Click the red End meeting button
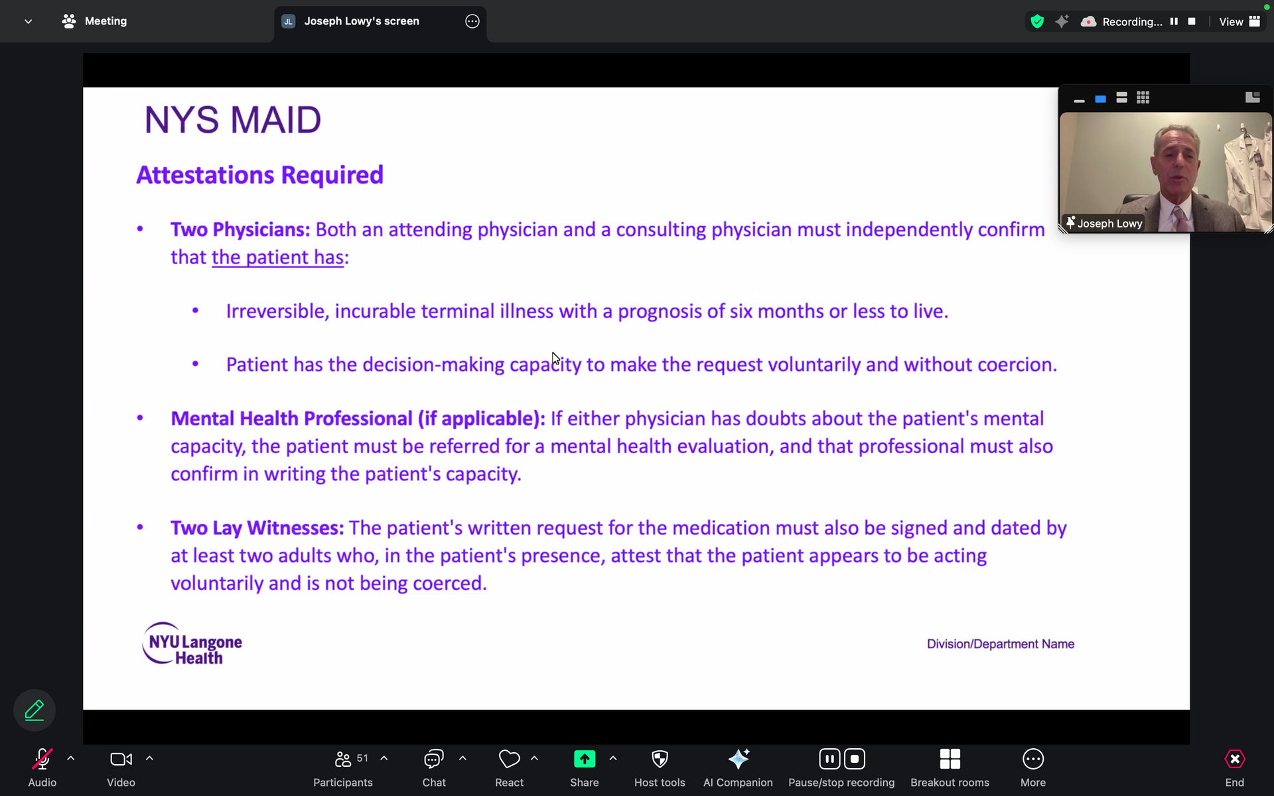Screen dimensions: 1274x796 click(x=1234, y=759)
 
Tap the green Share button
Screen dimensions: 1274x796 click(x=585, y=759)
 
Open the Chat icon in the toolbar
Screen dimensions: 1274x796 click(x=434, y=759)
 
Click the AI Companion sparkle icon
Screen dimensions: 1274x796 click(x=739, y=758)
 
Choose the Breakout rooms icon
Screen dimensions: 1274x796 click(x=950, y=759)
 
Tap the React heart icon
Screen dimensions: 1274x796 click(x=509, y=759)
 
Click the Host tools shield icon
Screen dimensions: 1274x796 click(x=660, y=759)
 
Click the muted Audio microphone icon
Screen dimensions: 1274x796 click(x=42, y=759)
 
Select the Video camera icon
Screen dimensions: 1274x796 click(x=121, y=759)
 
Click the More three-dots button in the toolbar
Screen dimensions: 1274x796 click(x=1033, y=759)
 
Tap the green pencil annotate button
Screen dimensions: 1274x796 click(x=35, y=710)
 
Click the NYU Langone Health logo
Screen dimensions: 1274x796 click(x=192, y=643)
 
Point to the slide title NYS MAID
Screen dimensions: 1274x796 click(x=233, y=120)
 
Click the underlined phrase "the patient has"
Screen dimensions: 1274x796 click(x=278, y=257)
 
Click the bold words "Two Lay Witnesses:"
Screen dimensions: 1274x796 click(x=257, y=528)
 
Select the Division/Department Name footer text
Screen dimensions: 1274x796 click(x=1001, y=644)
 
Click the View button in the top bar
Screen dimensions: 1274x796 click(x=1239, y=21)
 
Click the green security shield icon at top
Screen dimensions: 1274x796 click(x=1037, y=21)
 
